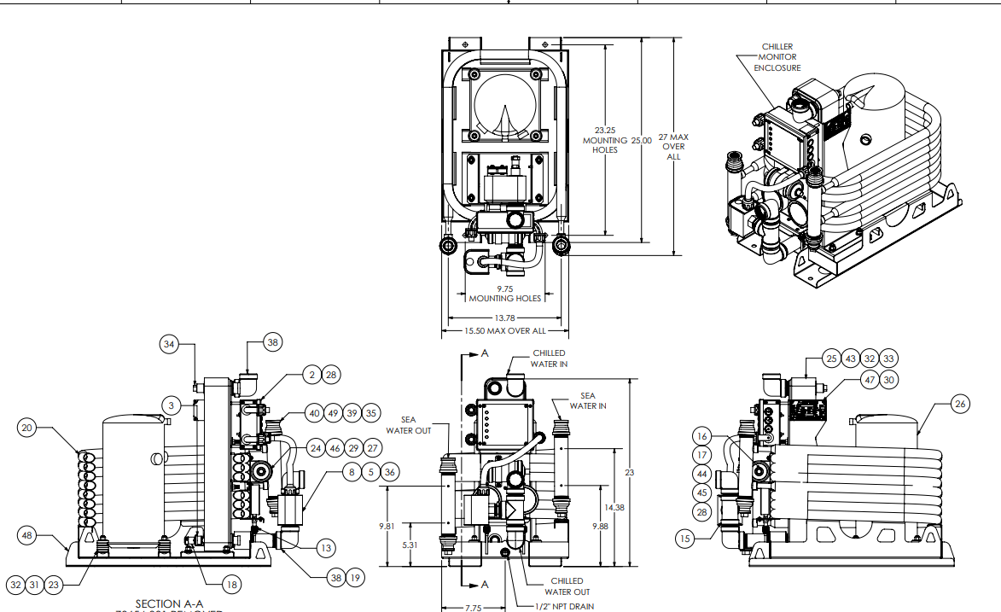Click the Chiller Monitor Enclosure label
click(x=777, y=57)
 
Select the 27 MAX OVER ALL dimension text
click(x=673, y=146)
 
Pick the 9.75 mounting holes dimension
click(x=504, y=294)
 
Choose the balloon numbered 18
click(x=231, y=585)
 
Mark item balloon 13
click(x=326, y=547)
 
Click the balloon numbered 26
click(x=961, y=404)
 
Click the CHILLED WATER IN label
click(x=549, y=358)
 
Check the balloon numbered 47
click(x=869, y=380)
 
